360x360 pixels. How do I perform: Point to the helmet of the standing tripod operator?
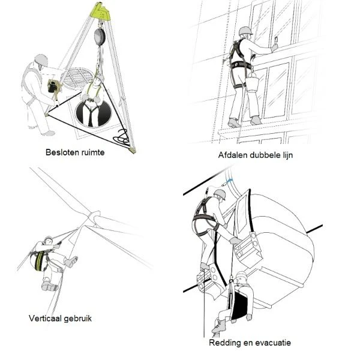point(41,59)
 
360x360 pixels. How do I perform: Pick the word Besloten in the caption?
point(59,152)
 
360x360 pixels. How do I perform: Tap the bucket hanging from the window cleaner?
point(252,82)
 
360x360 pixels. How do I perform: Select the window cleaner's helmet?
point(245,31)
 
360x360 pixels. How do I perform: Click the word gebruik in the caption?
point(78,319)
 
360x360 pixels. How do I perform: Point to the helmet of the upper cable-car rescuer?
point(220,194)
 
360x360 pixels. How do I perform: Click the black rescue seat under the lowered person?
point(239,307)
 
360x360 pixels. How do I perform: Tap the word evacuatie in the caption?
point(273,343)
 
